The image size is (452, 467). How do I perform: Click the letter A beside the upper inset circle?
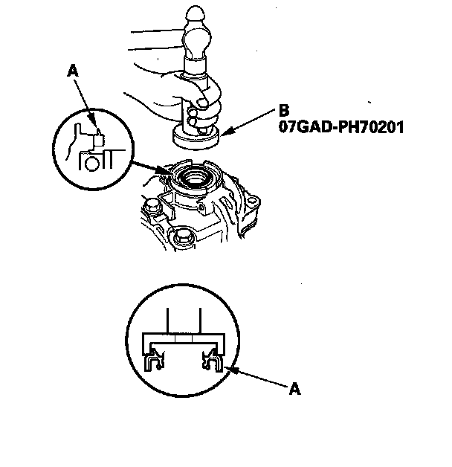click(72, 71)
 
